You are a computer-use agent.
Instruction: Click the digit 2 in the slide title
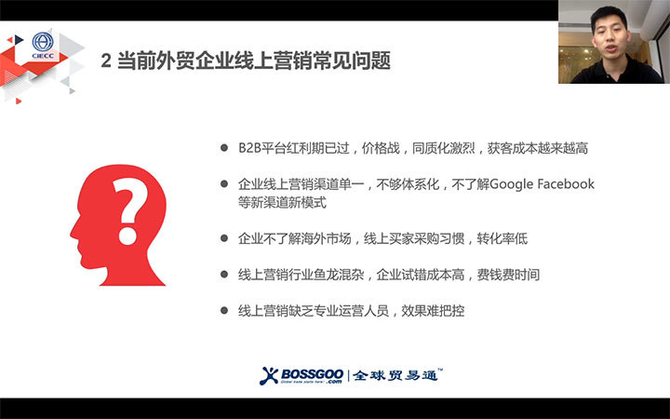pyautogui.click(x=106, y=61)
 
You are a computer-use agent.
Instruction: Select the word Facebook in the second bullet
pyautogui.click(x=566, y=183)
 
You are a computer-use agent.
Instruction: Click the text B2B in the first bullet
pyautogui.click(x=249, y=148)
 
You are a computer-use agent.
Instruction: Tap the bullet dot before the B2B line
pyautogui.click(x=224, y=148)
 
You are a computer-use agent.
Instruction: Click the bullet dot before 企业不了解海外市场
pyautogui.click(x=224, y=238)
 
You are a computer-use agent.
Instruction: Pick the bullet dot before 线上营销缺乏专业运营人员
pyautogui.click(x=224, y=310)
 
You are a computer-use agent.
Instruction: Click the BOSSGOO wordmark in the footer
pyautogui.click(x=312, y=375)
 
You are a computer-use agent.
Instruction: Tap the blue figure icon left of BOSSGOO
pyautogui.click(x=268, y=376)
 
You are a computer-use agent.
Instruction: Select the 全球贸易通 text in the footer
pyautogui.click(x=395, y=375)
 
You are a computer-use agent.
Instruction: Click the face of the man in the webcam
pyautogui.click(x=610, y=34)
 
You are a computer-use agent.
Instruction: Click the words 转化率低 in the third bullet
pyautogui.click(x=502, y=238)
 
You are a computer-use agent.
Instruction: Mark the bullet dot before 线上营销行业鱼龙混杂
pyautogui.click(x=224, y=274)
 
